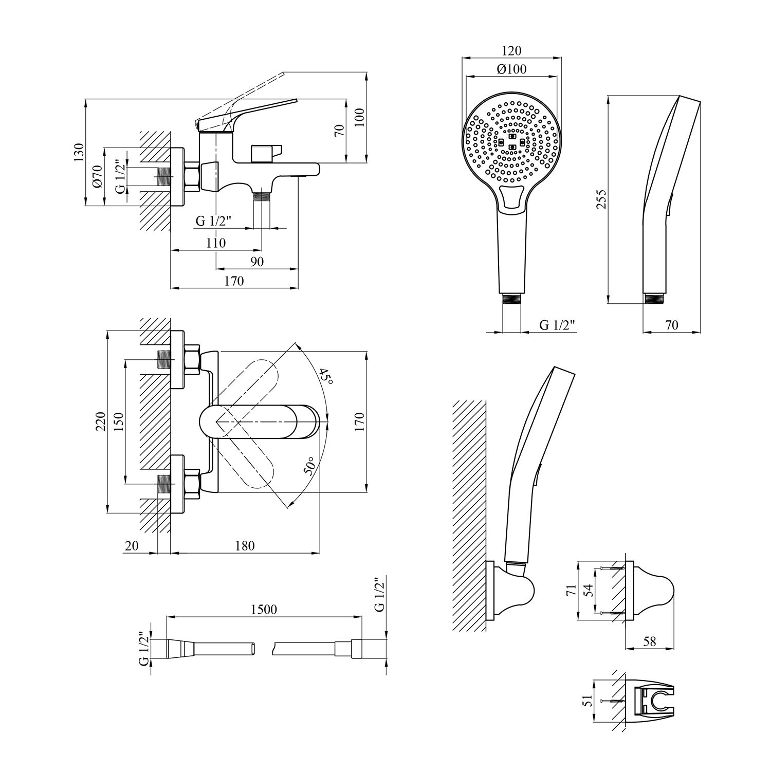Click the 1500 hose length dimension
(265, 610)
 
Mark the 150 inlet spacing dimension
(118, 421)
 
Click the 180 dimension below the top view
(245, 546)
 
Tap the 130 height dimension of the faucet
(78, 153)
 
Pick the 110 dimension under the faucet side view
(215, 243)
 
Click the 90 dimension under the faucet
(257, 262)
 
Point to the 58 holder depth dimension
(650, 642)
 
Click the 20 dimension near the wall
(132, 546)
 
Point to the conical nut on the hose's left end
(179, 648)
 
